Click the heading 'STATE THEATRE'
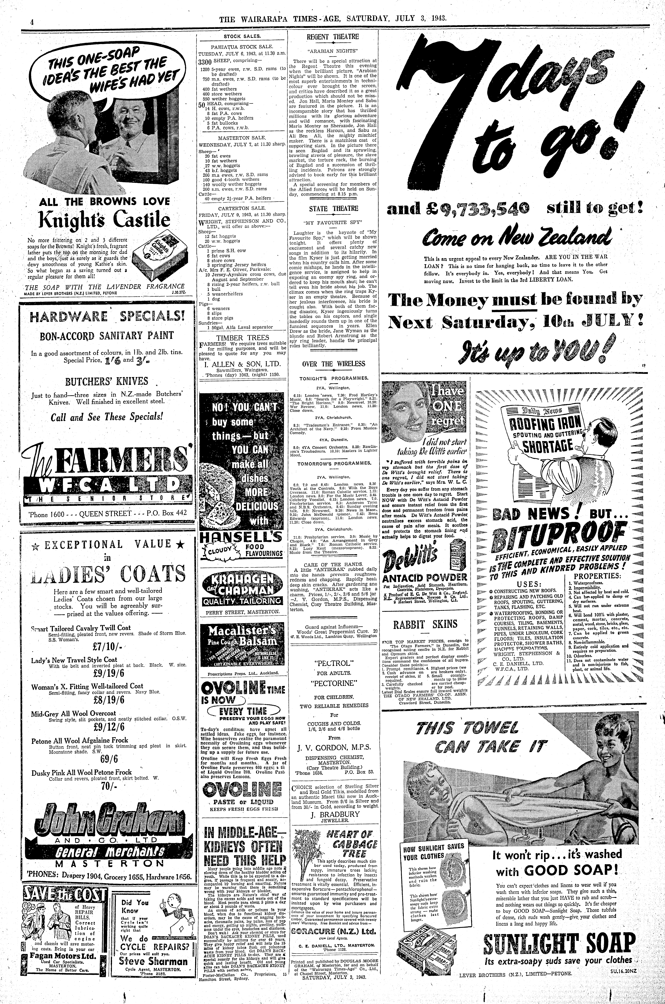tap(333, 209)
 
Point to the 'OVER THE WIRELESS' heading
tap(333, 364)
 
